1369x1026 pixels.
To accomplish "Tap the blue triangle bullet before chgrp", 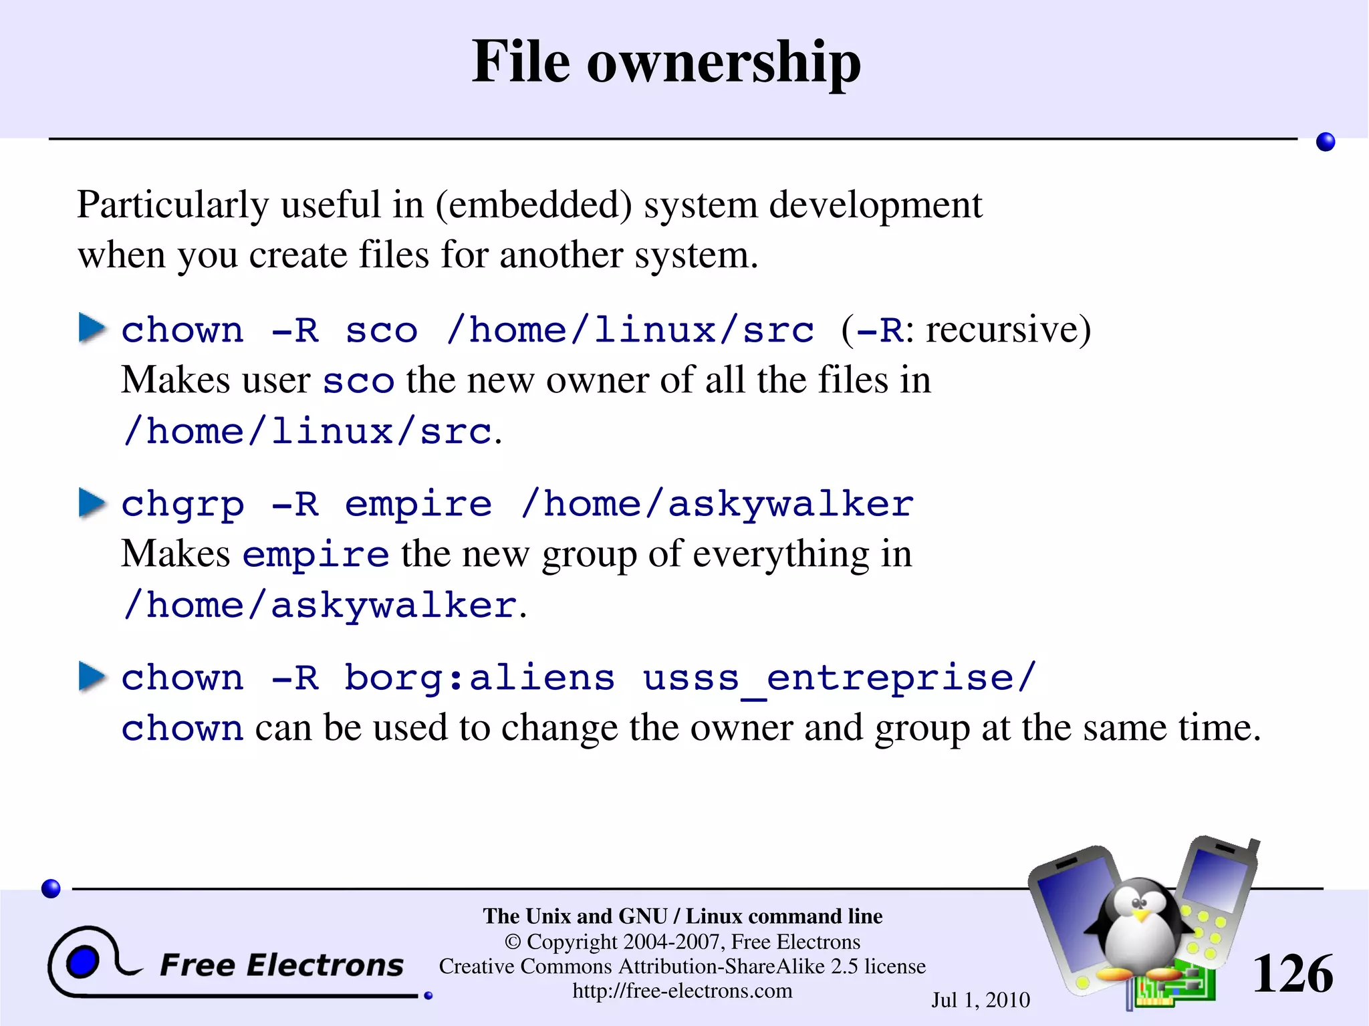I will click(x=92, y=503).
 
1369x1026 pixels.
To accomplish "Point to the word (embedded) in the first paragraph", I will click(x=533, y=205).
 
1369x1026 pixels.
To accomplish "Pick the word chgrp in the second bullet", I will click(x=182, y=505).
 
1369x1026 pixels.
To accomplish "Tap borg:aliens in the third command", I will click(x=479, y=678).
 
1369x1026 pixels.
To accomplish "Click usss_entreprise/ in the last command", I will click(x=840, y=678).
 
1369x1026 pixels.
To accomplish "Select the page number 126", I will click(x=1292, y=974).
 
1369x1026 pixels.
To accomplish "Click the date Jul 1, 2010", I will click(x=981, y=1000).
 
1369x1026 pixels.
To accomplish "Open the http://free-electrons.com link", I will click(x=682, y=991).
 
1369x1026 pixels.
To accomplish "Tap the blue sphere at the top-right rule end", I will click(x=1325, y=142).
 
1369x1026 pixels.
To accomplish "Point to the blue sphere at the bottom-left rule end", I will click(x=51, y=888).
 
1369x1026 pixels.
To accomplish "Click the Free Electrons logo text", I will click(x=281, y=965).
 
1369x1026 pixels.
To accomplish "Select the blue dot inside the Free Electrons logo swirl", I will click(x=83, y=963).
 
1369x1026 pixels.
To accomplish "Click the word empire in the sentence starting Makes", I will click(x=316, y=555).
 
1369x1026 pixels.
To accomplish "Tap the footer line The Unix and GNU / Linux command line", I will click(x=682, y=916).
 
